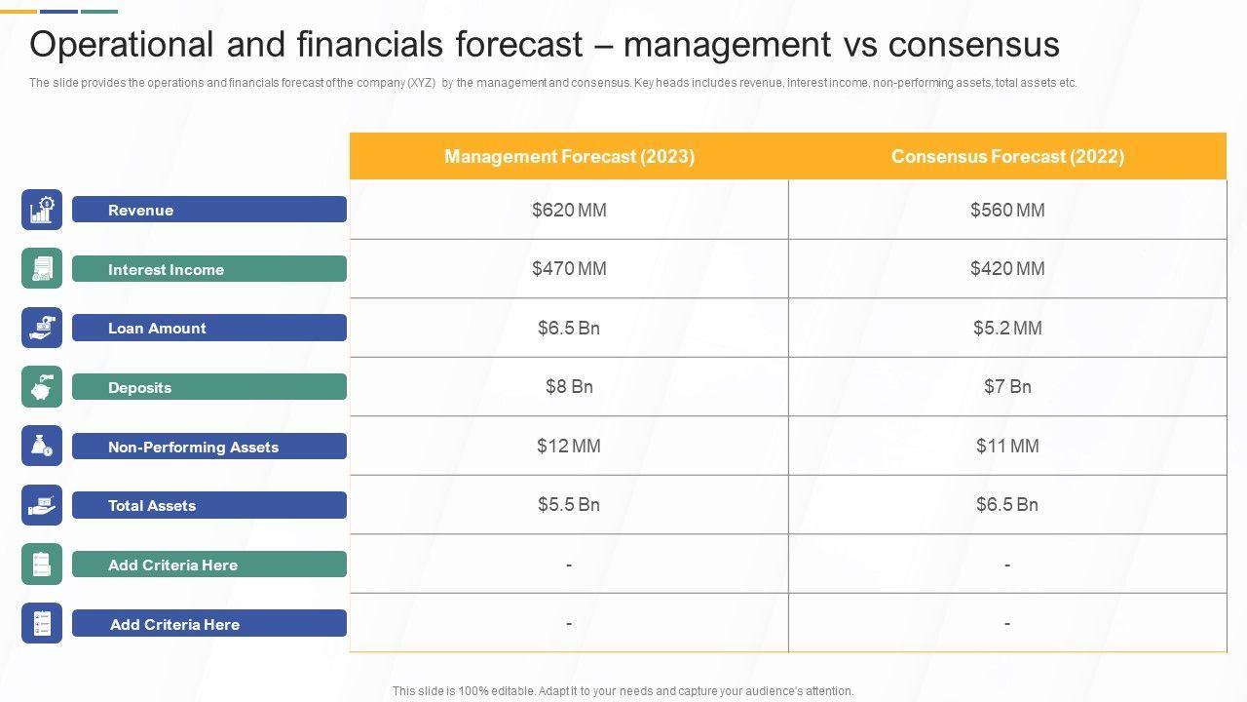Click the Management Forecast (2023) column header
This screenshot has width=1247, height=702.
[x=569, y=156]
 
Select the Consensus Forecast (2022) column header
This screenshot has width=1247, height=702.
[x=1007, y=156]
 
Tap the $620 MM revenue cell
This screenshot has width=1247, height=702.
[x=569, y=210]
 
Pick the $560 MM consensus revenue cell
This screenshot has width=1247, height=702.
[x=1007, y=210]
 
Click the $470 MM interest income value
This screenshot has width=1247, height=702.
[x=569, y=269]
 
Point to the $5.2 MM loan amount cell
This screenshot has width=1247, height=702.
[x=1007, y=329]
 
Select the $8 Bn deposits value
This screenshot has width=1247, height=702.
[x=569, y=387]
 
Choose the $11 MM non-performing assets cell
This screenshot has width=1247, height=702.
[x=1007, y=447]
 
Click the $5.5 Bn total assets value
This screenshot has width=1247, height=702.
[x=569, y=505]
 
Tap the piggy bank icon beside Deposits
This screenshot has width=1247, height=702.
[x=42, y=387]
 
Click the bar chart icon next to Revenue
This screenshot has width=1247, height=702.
[x=42, y=210]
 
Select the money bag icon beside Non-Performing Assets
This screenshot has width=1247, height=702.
[x=42, y=447]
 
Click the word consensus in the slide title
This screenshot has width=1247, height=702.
[x=973, y=45]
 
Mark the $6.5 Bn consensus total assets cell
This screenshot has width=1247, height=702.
[x=1007, y=505]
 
